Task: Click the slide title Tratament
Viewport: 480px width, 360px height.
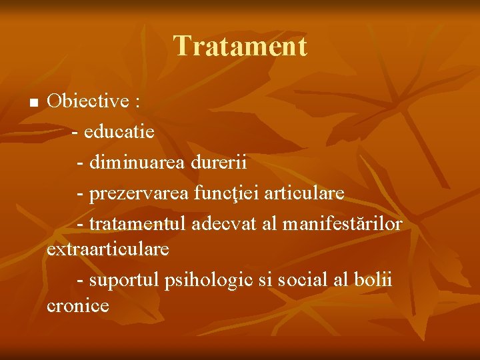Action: point(240,47)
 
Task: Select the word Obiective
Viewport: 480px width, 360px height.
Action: point(88,101)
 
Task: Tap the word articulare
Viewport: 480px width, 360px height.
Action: point(305,193)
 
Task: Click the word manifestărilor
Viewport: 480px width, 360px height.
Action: point(342,224)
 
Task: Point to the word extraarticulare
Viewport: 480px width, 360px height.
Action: point(108,249)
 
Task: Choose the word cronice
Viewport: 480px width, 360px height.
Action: point(79,306)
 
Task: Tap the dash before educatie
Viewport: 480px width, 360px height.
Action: point(75,132)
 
